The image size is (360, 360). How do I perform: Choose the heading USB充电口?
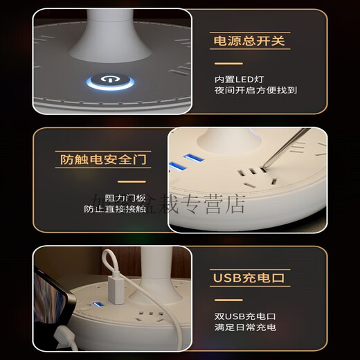coord(249,278)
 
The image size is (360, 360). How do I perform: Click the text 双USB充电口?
coord(240,316)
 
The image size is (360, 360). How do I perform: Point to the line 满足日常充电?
coord(245,327)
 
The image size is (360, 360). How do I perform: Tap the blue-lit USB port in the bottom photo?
coord(99,305)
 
